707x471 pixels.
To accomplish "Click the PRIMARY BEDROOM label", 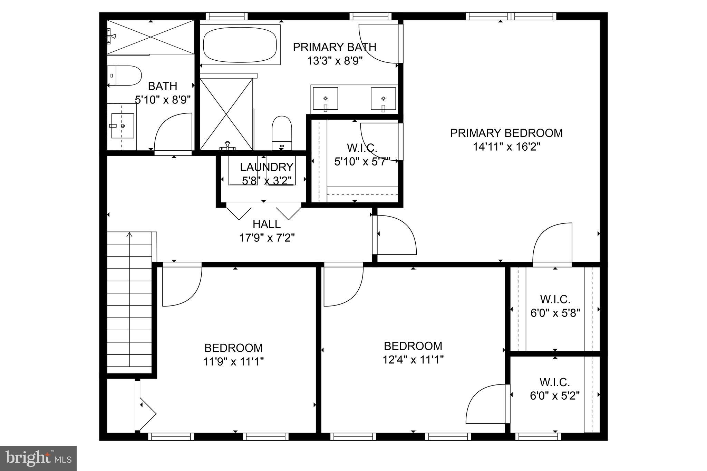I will pos(506,133).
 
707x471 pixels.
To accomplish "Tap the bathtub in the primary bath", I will pos(240,45).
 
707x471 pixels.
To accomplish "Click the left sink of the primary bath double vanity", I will pos(325,99).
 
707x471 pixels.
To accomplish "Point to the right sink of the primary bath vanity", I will pos(383,99).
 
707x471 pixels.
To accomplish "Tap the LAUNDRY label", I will pos(267,167).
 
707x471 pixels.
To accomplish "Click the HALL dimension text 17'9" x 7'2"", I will pos(267,238).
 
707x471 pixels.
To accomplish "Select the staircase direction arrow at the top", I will pos(129,235).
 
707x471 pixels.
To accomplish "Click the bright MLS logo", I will pos(38,458).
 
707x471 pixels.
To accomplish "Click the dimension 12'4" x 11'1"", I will pos(413,360).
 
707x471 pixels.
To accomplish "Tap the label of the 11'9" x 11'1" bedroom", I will pos(233,348).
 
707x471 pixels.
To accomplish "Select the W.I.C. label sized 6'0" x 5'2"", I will pos(554,382).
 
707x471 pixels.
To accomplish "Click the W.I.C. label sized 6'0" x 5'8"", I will pos(555,299).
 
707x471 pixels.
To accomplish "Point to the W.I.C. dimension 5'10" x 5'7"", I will pos(362,162).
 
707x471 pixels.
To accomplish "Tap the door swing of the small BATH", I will pos(173,133).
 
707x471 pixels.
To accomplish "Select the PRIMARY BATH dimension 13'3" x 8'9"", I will pos(335,61).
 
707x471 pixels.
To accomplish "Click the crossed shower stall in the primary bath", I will pos(226,114).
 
